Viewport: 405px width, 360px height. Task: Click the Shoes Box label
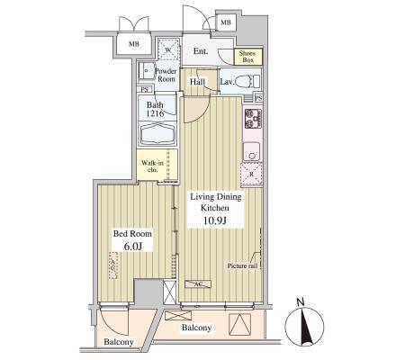coord(247,57)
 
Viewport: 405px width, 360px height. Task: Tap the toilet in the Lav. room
coord(247,81)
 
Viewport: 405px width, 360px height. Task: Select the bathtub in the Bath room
coord(157,134)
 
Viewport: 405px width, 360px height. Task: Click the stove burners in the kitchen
coord(253,119)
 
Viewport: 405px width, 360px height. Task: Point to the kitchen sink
coord(251,151)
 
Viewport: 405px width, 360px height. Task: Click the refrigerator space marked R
coord(251,174)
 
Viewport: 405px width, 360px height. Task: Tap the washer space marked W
coord(168,49)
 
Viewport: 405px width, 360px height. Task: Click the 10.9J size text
coord(215,220)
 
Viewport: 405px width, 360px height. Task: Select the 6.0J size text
coord(132,247)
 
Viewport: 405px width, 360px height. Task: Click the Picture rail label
coord(242,265)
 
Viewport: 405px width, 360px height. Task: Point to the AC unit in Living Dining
coord(198,284)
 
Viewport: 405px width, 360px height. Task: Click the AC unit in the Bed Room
coord(113,265)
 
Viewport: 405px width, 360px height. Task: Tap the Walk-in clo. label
coord(152,166)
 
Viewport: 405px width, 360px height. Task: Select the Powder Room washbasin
coord(147,71)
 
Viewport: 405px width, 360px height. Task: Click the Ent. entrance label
coord(201,51)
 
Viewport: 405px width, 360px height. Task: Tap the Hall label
coord(197,82)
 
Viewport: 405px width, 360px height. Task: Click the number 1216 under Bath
coord(155,113)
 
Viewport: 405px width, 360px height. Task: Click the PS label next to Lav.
coord(258,98)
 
